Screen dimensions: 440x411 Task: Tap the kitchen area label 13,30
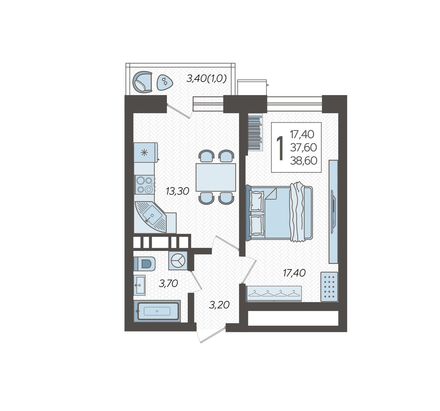point(177,191)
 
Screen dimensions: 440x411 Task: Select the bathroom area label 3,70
point(168,283)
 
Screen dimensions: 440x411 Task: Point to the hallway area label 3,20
point(219,304)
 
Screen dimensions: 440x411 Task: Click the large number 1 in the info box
point(280,148)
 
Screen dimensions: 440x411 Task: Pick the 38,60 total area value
point(303,160)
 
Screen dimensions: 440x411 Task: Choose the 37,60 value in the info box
point(303,147)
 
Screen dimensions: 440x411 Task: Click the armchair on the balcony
point(142,81)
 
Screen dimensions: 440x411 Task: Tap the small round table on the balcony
point(164,82)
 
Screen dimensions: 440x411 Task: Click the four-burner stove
point(145,185)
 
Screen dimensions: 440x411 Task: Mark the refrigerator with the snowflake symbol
point(145,153)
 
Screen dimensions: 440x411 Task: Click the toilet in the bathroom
point(145,264)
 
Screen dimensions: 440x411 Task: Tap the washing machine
point(178,261)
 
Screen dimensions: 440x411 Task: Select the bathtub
point(157,311)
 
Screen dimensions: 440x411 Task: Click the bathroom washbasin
point(140,285)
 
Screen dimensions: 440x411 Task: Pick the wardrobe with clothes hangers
point(274,294)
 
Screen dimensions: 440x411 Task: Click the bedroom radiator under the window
point(255,133)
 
